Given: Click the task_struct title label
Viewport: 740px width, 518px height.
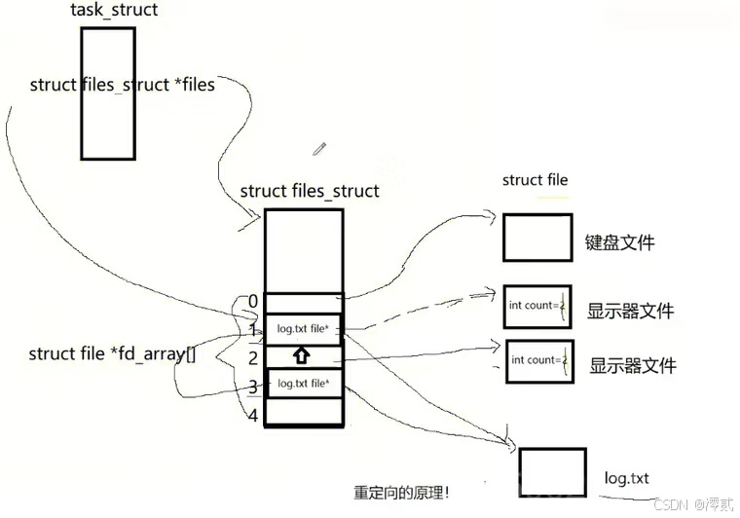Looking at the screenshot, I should tap(114, 11).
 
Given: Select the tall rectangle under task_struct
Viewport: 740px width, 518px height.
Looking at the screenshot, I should tap(107, 93).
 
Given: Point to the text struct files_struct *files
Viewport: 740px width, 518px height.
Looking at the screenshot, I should tap(122, 85).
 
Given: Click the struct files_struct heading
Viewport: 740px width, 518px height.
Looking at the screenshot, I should tap(309, 191).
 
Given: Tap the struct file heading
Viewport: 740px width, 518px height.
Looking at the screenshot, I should tap(535, 180).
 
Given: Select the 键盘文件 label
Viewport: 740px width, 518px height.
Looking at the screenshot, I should tap(619, 242).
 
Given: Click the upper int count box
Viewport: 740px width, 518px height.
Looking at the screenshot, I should tap(537, 306).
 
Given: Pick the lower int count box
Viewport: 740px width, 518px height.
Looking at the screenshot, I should tap(538, 360).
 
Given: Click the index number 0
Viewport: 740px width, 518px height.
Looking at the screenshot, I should tap(253, 302).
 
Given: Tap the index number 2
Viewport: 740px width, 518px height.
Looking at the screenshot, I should tap(252, 358).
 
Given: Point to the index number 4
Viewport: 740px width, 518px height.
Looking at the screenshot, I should tap(253, 416).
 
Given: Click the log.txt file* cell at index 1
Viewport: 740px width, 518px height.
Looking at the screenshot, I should tap(303, 329).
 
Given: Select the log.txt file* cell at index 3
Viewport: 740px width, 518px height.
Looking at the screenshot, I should tap(303, 384).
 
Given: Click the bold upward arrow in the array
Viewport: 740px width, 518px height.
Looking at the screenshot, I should tap(302, 356).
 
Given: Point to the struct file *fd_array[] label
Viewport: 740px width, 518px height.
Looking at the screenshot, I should tap(112, 354).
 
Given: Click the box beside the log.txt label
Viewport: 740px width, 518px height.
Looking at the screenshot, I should tap(552, 473).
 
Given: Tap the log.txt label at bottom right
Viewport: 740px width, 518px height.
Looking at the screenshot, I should tap(626, 479).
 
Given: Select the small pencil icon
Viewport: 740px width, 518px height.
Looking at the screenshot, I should tap(319, 149).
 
